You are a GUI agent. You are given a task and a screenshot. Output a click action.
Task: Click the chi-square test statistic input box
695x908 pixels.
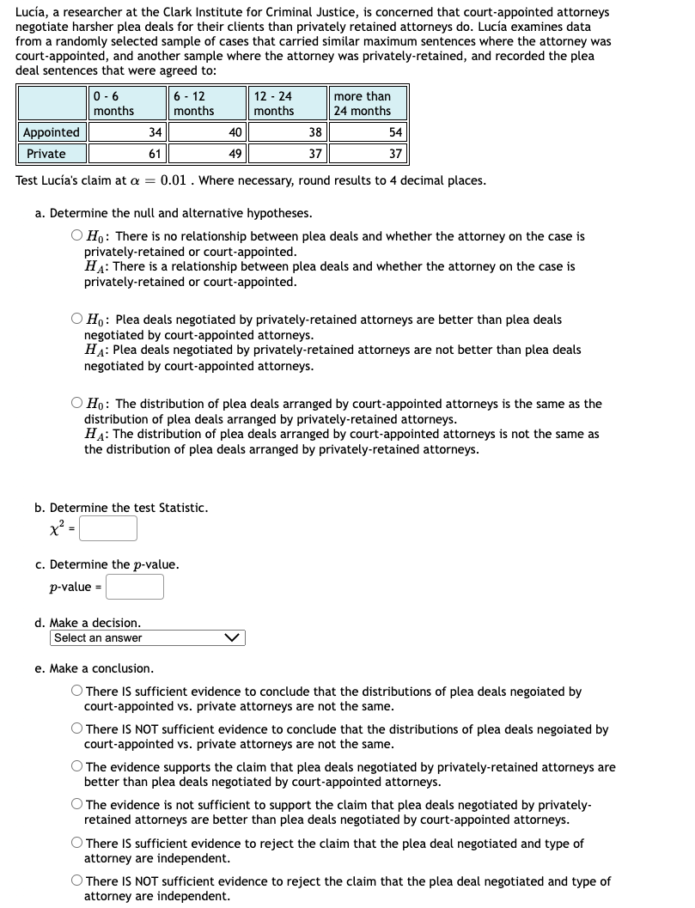pos(108,528)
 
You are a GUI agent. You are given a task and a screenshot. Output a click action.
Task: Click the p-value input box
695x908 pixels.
pos(135,587)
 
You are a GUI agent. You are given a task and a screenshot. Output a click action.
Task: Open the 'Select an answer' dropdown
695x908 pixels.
pos(147,637)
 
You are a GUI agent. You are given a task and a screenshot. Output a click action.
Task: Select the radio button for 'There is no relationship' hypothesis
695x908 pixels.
pos(77,236)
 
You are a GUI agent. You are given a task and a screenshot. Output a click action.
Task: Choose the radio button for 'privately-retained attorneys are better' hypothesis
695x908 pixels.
pos(77,320)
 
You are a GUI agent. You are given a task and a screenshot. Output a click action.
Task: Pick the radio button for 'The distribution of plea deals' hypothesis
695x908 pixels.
pos(77,404)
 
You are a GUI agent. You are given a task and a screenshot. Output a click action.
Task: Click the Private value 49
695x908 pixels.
pos(206,154)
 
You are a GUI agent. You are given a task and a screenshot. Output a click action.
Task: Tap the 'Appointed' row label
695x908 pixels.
pos(51,132)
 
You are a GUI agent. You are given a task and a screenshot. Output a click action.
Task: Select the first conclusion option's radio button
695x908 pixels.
pos(77,692)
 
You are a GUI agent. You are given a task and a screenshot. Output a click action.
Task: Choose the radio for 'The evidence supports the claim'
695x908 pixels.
pos(77,767)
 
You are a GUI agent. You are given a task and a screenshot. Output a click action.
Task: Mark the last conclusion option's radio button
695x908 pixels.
pos(77,881)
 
